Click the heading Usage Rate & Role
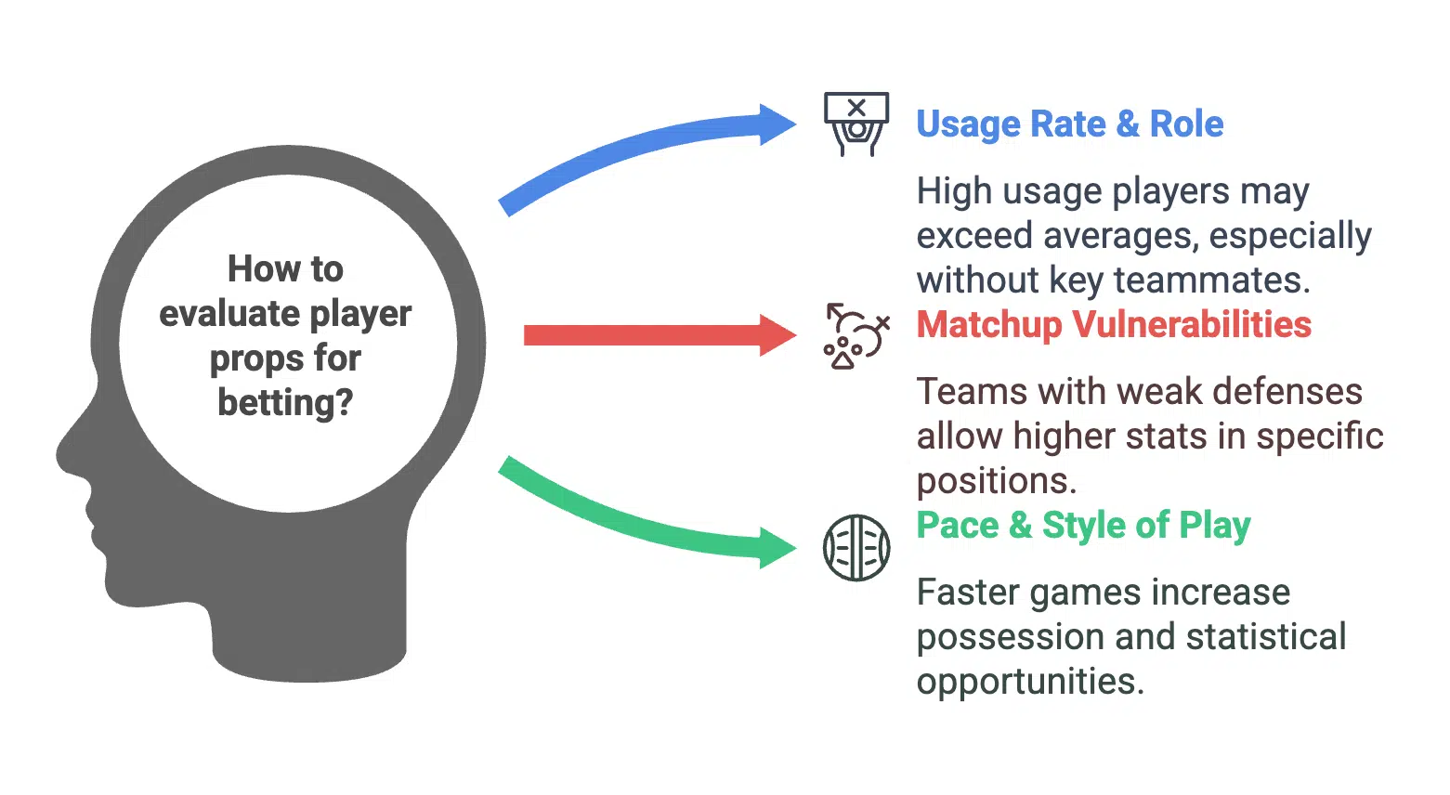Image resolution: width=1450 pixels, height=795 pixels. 1070,124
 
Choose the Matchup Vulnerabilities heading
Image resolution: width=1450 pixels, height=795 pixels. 1114,324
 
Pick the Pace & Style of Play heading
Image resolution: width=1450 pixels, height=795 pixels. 1084,526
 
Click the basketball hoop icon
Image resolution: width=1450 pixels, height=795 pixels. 856,124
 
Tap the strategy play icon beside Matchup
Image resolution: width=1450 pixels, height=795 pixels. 856,336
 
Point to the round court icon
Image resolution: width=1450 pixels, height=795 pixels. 856,548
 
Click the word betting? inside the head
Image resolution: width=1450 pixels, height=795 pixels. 285,403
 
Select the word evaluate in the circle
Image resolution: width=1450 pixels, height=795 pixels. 229,314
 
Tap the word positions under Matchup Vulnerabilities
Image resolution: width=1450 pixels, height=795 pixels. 997,482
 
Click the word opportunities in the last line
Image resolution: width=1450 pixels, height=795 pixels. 1030,683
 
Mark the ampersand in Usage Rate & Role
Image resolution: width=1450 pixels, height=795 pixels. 1128,124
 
